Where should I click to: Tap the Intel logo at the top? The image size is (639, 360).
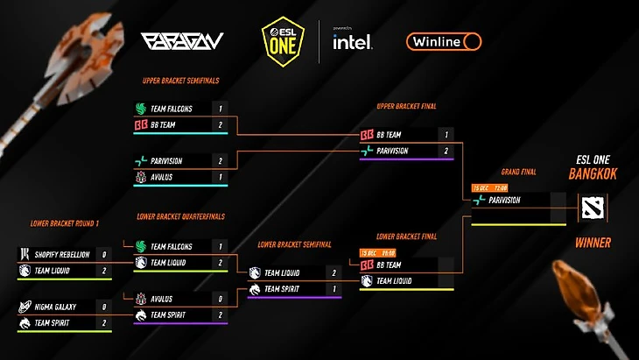[353, 41]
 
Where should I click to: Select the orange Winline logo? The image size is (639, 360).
[444, 41]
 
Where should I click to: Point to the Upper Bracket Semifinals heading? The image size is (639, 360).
[180, 81]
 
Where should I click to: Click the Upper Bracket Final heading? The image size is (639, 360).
[406, 107]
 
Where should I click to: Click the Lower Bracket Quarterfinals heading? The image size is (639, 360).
[181, 216]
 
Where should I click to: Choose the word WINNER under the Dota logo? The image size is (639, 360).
[593, 243]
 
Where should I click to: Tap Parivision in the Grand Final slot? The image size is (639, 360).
[505, 200]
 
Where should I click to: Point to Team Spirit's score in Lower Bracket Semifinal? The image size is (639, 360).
[333, 288]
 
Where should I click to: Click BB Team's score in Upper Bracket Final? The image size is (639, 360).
[446, 135]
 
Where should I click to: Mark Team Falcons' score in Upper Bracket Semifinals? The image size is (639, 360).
[221, 109]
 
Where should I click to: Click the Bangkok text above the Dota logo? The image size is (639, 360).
[593, 175]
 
